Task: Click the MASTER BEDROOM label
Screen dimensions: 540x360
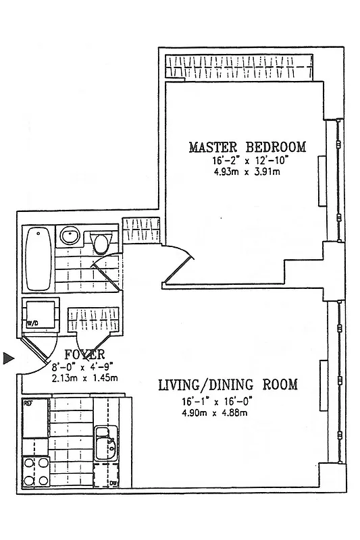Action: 247,147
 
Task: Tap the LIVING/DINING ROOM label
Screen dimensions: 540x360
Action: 228,385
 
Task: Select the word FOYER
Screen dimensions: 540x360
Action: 84,355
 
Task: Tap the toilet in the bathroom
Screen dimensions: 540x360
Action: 101,241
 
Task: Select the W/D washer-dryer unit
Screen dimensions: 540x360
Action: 40,315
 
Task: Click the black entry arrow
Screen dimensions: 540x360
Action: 8,358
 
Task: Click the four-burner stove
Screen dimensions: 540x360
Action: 35,471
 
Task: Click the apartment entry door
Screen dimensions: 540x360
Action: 37,351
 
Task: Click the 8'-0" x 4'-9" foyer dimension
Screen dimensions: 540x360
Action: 83,368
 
